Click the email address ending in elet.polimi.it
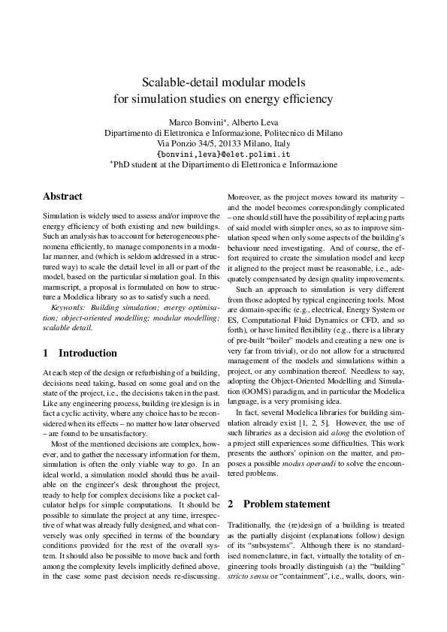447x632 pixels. (223, 153)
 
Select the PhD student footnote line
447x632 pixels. (223, 164)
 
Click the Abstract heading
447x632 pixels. (63, 196)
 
